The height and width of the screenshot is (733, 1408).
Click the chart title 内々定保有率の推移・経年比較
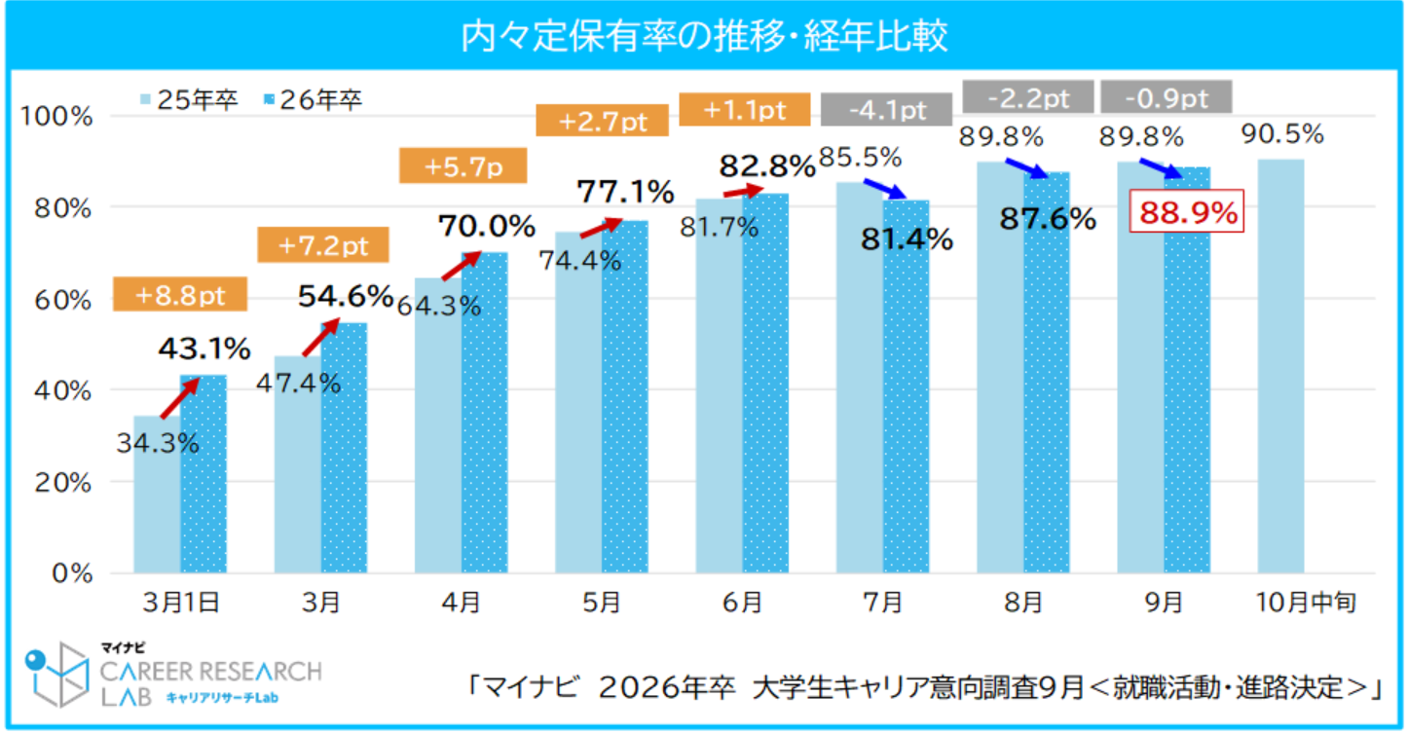[x=704, y=37]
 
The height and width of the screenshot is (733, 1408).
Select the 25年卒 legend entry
[x=190, y=100]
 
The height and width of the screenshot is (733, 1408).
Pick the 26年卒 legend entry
[x=312, y=100]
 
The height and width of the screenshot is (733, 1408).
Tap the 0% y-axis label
[x=73, y=572]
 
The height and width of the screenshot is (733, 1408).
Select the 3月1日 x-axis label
[x=180, y=604]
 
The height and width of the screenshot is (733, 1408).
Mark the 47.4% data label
[x=298, y=383]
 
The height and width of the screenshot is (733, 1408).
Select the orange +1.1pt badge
[x=745, y=109]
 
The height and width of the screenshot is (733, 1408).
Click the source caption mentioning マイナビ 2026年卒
[x=925, y=686]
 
